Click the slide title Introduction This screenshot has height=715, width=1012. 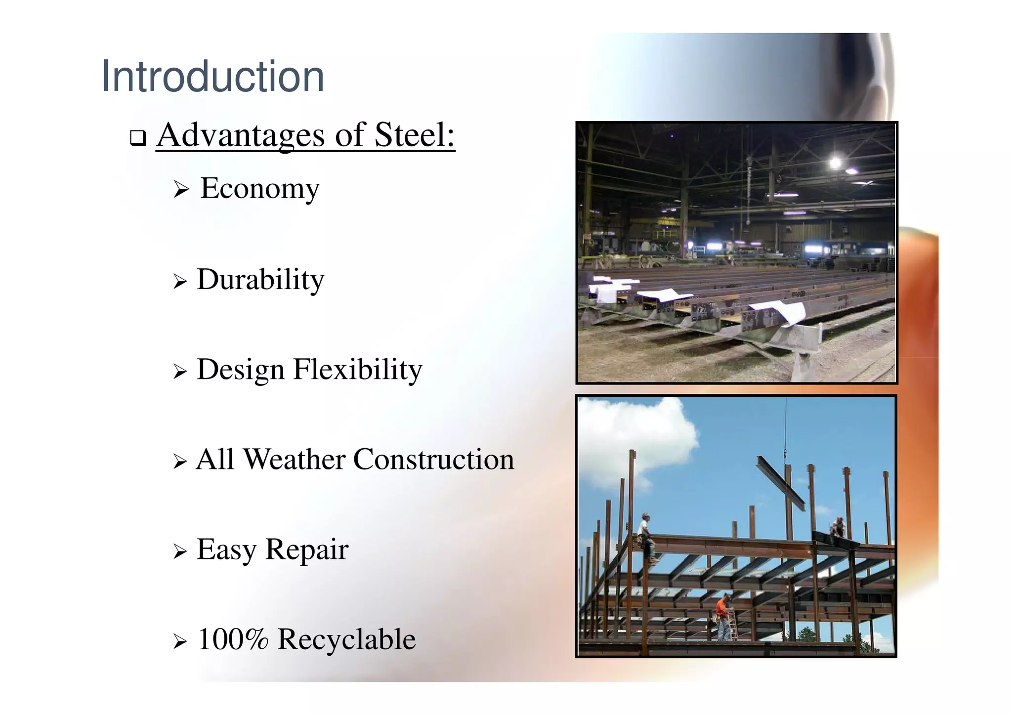point(212,77)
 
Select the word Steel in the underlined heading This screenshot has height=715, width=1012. point(414,135)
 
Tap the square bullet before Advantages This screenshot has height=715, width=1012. point(138,138)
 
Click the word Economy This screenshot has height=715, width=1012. point(260,189)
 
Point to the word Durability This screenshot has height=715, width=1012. point(260,280)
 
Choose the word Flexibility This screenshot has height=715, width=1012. point(358,370)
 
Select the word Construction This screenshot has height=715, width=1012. point(433,460)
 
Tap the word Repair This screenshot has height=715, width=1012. point(307,549)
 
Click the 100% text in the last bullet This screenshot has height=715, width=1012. point(233,639)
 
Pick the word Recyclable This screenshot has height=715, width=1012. point(346,639)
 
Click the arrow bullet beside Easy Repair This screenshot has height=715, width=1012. point(180,551)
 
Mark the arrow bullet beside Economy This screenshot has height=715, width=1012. point(181,190)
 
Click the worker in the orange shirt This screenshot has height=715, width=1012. point(723,616)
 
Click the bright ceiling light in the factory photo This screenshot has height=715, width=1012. point(835,162)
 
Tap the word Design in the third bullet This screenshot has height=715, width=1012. point(241,370)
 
